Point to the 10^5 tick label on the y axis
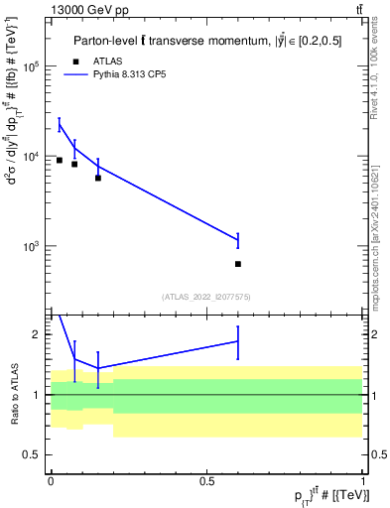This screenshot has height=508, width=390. (31, 66)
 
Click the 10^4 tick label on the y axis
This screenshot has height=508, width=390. (31, 157)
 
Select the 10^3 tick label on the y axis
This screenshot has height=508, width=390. (31, 246)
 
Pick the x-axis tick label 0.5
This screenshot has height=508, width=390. (206, 481)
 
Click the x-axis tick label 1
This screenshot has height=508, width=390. (362, 481)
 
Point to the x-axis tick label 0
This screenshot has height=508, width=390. (51, 481)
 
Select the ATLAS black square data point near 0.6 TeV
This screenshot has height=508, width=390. (237, 264)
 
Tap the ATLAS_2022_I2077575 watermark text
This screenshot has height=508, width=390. (206, 296)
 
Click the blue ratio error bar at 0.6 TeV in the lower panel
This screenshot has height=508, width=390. (237, 341)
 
